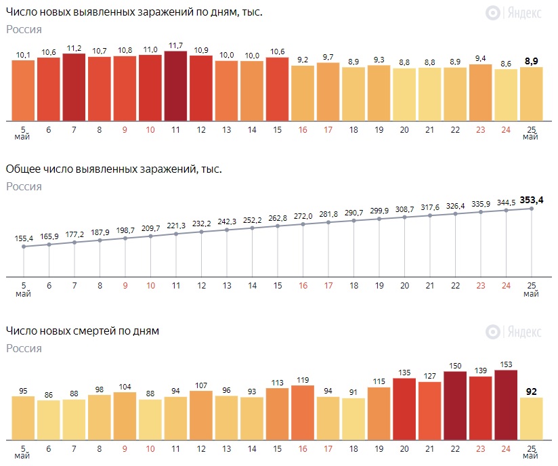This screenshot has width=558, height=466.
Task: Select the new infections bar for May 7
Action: (74, 87)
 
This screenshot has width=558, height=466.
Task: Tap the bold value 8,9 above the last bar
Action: (532, 61)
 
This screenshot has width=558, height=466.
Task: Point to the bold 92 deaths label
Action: (531, 391)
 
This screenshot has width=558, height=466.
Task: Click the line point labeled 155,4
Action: (24, 247)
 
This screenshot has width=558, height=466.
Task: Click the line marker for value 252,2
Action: (252, 228)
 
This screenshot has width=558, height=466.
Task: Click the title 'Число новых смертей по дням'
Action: (83, 331)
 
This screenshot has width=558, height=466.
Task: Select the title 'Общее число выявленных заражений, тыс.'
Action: (114, 169)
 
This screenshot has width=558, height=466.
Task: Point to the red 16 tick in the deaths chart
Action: (303, 448)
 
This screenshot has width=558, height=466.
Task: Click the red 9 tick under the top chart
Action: (125, 129)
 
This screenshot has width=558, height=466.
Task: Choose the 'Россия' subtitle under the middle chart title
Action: (24, 186)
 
